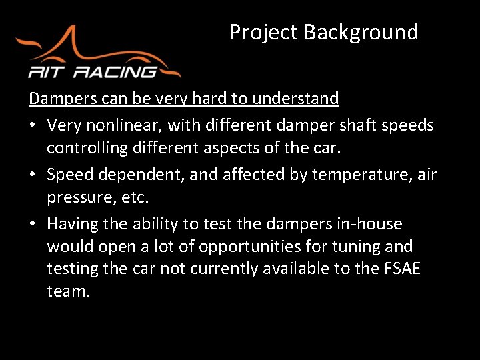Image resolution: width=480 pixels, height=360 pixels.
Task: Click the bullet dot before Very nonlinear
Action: [x=33, y=125]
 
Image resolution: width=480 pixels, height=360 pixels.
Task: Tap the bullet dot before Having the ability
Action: [x=33, y=224]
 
